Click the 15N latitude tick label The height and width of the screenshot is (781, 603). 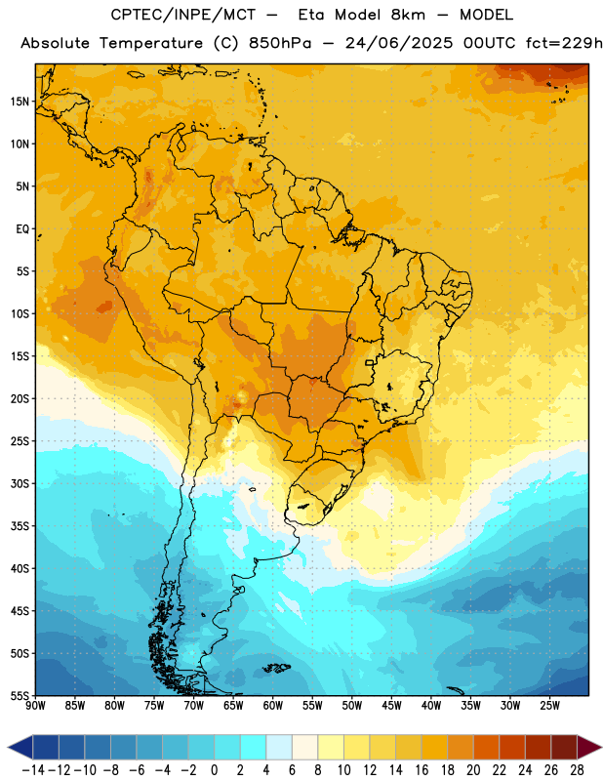point(20,102)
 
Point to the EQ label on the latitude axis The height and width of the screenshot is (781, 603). point(22,229)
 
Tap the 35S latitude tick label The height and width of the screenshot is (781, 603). point(20,526)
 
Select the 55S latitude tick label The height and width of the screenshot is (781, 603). point(20,695)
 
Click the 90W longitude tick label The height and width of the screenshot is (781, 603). point(36,706)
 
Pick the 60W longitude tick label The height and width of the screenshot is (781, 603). point(273,706)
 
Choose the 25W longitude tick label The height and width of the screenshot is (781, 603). point(549,706)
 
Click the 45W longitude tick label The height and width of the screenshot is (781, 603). point(391,706)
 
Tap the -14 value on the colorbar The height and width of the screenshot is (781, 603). point(33,770)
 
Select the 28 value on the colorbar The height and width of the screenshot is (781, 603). point(577,770)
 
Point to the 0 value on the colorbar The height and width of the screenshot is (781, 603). point(215,770)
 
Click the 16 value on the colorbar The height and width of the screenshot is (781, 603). point(422,770)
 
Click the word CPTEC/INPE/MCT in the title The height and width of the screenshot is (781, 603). point(183,15)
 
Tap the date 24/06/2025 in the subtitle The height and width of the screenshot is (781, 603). point(399,43)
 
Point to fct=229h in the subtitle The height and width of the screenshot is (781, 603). point(564,43)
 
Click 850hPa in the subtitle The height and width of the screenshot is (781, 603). point(280,43)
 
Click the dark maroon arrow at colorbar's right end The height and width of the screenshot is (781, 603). point(589,748)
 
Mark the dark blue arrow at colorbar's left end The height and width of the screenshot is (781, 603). point(20,748)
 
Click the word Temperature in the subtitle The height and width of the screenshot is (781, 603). point(151,44)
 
